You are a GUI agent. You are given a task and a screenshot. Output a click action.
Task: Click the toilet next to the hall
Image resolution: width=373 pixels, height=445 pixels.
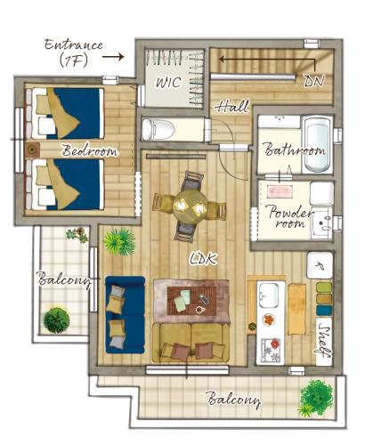pos(156,129)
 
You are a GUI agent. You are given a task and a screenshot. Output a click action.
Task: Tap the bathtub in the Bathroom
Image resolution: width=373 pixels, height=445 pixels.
pos(318,143)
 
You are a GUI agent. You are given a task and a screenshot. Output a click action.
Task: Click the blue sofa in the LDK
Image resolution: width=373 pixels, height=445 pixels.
pos(126,315)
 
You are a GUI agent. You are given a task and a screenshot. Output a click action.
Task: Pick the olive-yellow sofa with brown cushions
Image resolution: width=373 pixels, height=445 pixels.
pos(191,343)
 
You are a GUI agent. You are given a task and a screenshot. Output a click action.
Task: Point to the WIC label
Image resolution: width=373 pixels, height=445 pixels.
pos(168,82)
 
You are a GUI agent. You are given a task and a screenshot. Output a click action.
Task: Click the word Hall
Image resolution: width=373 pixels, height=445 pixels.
pos(232,107)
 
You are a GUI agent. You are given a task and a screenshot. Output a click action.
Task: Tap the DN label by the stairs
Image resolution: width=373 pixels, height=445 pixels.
pos(315,80)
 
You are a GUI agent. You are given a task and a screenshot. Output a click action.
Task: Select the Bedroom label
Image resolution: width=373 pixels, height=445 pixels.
pos(89,150)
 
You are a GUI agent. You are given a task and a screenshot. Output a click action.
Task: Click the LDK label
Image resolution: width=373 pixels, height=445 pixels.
pos(204,259)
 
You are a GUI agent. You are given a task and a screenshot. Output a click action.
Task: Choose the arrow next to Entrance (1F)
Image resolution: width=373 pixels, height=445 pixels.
pos(113,56)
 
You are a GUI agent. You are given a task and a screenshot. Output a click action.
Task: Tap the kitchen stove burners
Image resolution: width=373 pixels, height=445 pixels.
pos(271,351)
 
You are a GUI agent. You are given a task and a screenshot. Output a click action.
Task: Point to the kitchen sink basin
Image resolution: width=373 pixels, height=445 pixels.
pos(269,295)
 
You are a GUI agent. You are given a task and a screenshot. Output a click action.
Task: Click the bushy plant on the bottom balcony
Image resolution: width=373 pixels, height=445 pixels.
pos(315,397)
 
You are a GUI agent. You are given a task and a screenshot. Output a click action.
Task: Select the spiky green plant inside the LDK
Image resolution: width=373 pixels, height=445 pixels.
pos(119,241)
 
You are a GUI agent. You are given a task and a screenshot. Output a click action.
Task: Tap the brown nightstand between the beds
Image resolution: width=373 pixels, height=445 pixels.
pos(32,150)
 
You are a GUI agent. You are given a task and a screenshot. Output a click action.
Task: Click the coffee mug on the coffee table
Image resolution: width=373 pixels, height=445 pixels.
pos(200,309)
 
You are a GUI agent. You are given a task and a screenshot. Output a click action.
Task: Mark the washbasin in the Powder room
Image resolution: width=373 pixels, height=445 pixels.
pos(322,222)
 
